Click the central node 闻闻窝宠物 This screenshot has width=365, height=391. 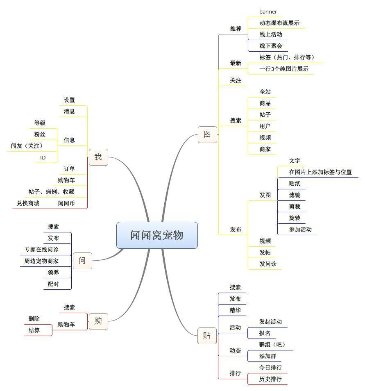pos(157,235)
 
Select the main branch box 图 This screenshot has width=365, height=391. pos(207,134)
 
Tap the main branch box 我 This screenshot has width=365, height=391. pos(98,157)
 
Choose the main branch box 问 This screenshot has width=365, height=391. pos(82,261)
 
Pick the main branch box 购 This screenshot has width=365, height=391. pos(98,321)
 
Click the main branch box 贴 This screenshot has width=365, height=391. pos(207,336)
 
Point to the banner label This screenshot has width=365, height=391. pos(268,11)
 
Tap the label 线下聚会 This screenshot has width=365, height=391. pos(270,46)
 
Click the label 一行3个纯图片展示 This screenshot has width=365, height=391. pos(283,69)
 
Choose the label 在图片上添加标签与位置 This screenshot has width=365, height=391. pos(320,172)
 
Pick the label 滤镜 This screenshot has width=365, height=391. pos(294,195)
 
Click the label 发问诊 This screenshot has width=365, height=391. pos(268,264)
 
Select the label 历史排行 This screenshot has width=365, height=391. pos(270,379)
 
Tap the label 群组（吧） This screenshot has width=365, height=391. pos(272,345)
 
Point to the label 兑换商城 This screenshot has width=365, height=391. pos(28,203)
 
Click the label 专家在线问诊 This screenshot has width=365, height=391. pos(41,249)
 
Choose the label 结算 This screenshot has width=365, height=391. pos(34,330)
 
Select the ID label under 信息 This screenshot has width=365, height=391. pos(43,157)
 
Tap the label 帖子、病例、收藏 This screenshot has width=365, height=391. pos(51,192)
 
